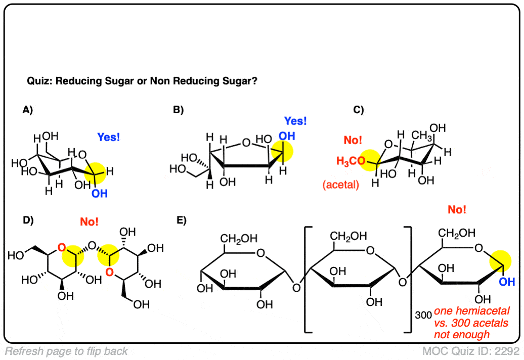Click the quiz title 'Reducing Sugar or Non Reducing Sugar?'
[142, 80]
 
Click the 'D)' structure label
[28, 220]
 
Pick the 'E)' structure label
[181, 220]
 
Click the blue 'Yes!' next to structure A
[109, 137]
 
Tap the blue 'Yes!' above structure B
[295, 121]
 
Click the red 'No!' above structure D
[89, 221]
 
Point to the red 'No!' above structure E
[457, 209]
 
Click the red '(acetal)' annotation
[340, 185]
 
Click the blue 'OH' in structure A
[100, 194]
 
